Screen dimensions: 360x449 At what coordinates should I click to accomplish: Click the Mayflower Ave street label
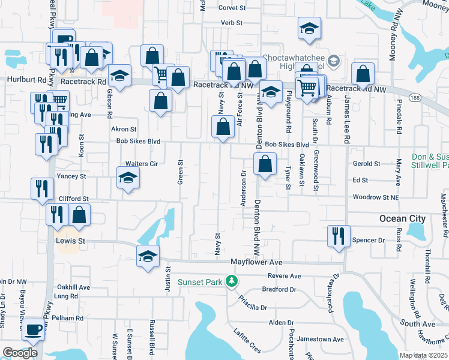point(256,262)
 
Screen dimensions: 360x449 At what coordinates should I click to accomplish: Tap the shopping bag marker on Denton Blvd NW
point(265,163)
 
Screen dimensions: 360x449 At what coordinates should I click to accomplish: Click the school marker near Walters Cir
point(128,178)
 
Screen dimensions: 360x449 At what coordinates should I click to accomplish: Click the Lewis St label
point(71,241)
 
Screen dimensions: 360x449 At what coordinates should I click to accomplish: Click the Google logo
point(20,353)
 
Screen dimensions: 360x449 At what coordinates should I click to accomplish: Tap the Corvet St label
point(232,8)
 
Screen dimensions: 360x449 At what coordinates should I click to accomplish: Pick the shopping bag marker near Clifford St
point(79,214)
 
